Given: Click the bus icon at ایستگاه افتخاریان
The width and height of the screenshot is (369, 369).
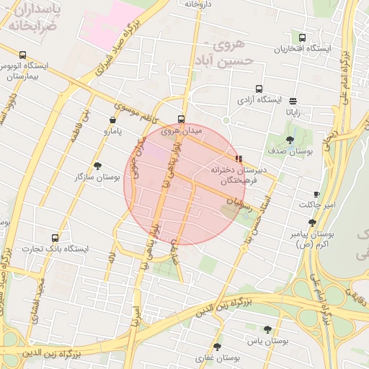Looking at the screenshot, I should (x=302, y=37).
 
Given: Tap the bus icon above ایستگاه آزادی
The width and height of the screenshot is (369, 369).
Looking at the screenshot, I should (x=259, y=89).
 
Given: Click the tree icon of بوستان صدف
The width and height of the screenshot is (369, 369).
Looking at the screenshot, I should (x=290, y=140).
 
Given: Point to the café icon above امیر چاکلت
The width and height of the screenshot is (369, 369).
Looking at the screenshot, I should (x=316, y=195).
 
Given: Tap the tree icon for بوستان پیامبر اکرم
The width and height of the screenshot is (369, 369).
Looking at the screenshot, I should (x=312, y=223).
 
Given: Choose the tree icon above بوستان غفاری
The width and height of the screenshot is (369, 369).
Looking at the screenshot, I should (x=217, y=347).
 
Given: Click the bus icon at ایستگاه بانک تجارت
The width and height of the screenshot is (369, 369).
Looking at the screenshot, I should (x=55, y=238).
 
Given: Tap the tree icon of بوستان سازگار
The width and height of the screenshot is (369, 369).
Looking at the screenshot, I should (x=98, y=166).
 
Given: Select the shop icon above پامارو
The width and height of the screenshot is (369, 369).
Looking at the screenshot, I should (x=112, y=120).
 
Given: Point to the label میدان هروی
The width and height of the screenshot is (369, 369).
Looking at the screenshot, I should (x=182, y=131).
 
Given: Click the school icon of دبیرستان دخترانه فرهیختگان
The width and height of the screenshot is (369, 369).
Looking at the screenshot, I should (x=239, y=158).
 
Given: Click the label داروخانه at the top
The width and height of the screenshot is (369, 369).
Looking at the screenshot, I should (x=200, y=4).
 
